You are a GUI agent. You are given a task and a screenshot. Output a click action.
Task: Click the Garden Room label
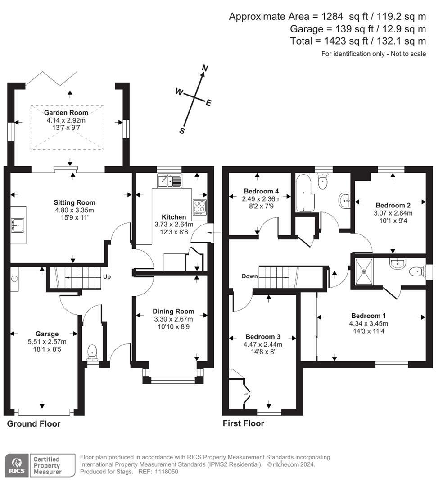coord(66,113)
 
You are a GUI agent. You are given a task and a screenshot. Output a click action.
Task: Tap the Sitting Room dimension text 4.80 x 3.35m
coord(74,210)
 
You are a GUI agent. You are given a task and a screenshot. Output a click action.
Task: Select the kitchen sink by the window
coord(170,181)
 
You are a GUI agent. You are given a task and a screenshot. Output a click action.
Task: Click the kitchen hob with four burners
coord(200,207)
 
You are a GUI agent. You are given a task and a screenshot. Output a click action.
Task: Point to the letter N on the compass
coord(205,68)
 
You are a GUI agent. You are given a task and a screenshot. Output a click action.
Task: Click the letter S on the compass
coord(182,131)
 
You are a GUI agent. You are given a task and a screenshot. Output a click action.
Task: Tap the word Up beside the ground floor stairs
coord(107,277)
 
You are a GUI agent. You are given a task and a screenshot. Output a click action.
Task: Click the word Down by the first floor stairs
coord(249,276)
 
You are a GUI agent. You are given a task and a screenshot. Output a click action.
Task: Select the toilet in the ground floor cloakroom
coord(92,353)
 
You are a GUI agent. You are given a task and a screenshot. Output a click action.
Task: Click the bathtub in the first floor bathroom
coord(305,193)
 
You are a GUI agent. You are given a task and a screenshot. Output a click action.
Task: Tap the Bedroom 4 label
coord(261,191)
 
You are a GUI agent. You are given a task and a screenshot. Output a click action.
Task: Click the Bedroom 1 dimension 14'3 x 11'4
coord(369,331)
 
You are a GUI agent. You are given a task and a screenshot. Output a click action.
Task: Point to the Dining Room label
coord(173,312)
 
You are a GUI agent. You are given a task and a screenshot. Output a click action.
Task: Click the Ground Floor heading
coord(34,423)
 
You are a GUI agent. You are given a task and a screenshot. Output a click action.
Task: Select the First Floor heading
coord(244,423)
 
